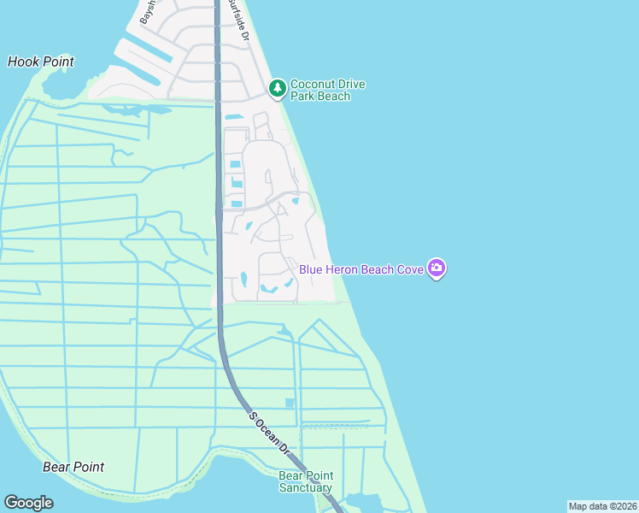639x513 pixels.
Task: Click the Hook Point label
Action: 40,62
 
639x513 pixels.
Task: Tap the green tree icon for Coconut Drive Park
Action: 277,88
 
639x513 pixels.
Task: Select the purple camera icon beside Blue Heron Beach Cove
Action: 437,269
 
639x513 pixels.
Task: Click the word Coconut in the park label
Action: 315,84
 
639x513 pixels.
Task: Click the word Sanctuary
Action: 306,488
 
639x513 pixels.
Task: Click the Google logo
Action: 28,503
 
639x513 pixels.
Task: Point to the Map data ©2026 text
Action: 602,506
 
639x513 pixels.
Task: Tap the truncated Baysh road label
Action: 146,12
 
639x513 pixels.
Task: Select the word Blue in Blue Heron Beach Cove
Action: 311,269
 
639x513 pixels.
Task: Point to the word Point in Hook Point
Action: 57,62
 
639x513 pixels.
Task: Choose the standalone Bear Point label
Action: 73,467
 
